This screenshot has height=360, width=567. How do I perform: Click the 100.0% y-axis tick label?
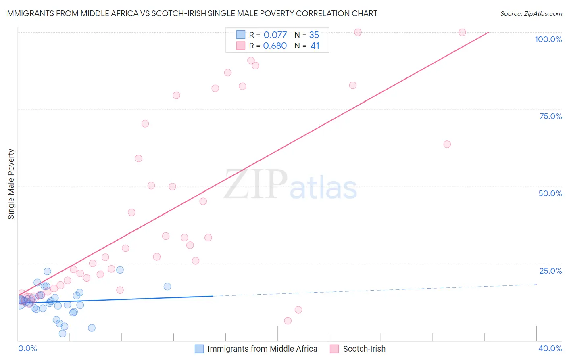click(548, 39)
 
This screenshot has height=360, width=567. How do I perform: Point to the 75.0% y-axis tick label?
click(550, 116)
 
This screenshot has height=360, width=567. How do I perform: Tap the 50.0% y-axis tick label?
click(550, 193)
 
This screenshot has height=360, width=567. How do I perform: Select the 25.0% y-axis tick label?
click(550, 271)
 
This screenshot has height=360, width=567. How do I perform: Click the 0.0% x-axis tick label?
click(27, 348)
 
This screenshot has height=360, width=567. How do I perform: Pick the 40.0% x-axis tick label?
click(550, 348)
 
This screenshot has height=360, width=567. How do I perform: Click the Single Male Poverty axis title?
click(11, 184)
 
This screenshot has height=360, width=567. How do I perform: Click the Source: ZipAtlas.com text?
click(531, 13)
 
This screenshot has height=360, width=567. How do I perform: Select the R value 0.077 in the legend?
click(275, 35)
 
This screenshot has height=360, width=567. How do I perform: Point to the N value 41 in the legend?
click(315, 46)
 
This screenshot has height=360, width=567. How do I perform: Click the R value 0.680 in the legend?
click(275, 46)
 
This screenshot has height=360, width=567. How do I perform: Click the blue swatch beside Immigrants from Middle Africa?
click(199, 349)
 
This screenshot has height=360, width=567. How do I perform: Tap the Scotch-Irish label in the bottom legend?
click(364, 349)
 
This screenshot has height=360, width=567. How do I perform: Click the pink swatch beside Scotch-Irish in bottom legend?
click(334, 349)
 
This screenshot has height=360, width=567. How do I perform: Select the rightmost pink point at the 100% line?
click(462, 32)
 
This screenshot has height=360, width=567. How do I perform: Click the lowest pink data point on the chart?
click(288, 321)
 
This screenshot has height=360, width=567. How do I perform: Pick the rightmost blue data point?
click(167, 287)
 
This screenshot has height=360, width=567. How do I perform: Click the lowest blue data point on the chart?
click(63, 333)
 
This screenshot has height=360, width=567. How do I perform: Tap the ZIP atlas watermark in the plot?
click(290, 185)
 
